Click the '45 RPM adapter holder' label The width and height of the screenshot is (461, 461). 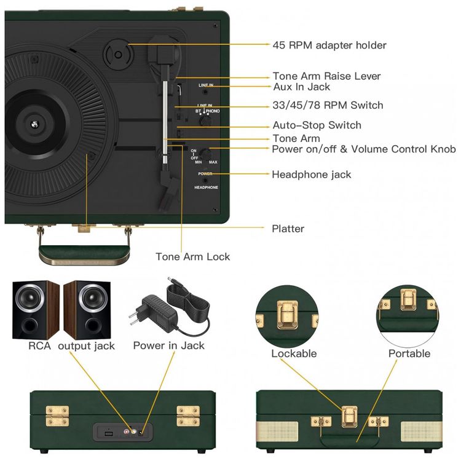point(329,45)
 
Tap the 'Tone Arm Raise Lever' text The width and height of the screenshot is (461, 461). point(326,76)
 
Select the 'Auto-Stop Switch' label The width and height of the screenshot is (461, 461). point(317,125)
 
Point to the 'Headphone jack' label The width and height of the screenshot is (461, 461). point(312,175)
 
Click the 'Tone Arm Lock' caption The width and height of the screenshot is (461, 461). point(192,256)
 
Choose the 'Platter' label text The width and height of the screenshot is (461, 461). point(288,229)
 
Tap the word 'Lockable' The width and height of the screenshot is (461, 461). point(294,353)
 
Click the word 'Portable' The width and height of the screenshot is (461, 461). point(409,353)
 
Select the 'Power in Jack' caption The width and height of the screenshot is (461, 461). point(169,345)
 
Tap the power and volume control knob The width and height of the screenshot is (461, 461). point(207,154)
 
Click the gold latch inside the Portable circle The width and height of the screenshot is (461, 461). point(406,301)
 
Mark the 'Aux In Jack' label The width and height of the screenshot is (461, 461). point(301,87)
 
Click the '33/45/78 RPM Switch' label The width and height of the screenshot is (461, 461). point(328,105)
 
